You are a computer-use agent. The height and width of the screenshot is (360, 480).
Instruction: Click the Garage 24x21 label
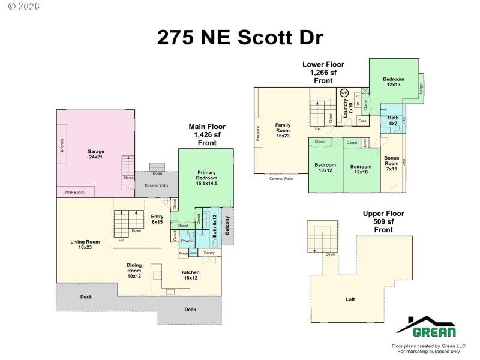pyautogui.click(x=95, y=155)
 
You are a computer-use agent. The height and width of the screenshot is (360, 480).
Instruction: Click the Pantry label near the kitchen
pyautogui.click(x=209, y=253)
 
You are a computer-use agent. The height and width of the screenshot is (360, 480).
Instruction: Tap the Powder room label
pyautogui.click(x=187, y=241)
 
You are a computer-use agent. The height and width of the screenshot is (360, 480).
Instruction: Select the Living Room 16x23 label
pyautogui.click(x=85, y=245)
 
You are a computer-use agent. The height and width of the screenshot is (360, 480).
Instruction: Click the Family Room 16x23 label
pyautogui.click(x=283, y=131)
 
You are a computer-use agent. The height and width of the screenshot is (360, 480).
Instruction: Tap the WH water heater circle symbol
pyautogui.click(x=344, y=93)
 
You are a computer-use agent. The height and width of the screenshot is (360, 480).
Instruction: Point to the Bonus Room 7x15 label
pyautogui.click(x=391, y=163)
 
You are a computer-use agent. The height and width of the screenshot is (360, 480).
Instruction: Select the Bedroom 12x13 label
pyautogui.click(x=394, y=82)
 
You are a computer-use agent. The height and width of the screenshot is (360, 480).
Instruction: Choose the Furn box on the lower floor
pyautogui.click(x=362, y=121)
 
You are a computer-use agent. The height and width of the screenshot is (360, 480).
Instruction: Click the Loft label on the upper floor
pyautogui.click(x=350, y=299)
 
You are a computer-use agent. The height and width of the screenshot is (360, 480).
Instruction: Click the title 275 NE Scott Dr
pyautogui.click(x=240, y=37)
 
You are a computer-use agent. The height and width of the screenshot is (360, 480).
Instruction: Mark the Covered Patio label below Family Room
pyautogui.click(x=281, y=179)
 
